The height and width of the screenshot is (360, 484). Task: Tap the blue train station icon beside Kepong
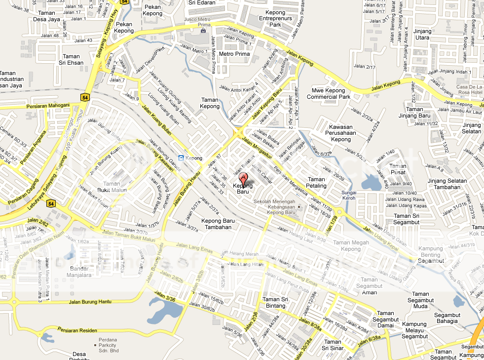point(181,158)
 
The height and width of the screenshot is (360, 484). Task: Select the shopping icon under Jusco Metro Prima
point(203,30)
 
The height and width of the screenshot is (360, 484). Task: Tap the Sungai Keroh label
point(349,195)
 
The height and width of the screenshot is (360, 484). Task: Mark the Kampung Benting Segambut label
point(431,254)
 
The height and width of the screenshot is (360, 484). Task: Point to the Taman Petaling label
point(317,183)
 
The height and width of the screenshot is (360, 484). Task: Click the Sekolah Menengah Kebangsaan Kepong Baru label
point(274,207)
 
